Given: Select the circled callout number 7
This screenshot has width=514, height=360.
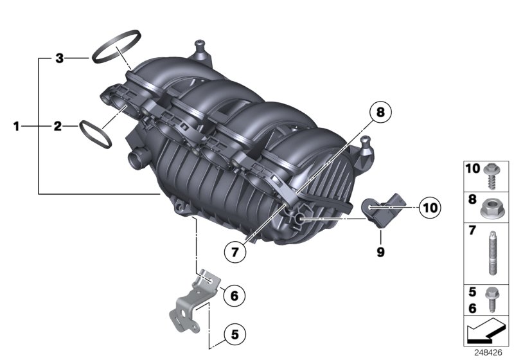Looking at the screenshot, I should pyautogui.click(x=235, y=252).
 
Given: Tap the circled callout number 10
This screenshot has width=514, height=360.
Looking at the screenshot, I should pyautogui.click(x=429, y=207).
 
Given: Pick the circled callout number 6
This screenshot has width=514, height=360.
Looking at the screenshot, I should pyautogui.click(x=234, y=296).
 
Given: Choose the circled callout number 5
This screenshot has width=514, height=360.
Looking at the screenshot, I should pyautogui.click(x=235, y=334).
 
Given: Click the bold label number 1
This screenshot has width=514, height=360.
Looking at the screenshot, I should pyautogui.click(x=17, y=126).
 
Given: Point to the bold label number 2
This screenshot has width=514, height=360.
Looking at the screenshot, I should pyautogui.click(x=57, y=126).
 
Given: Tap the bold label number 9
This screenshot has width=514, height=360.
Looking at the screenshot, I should pyautogui.click(x=380, y=253).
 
